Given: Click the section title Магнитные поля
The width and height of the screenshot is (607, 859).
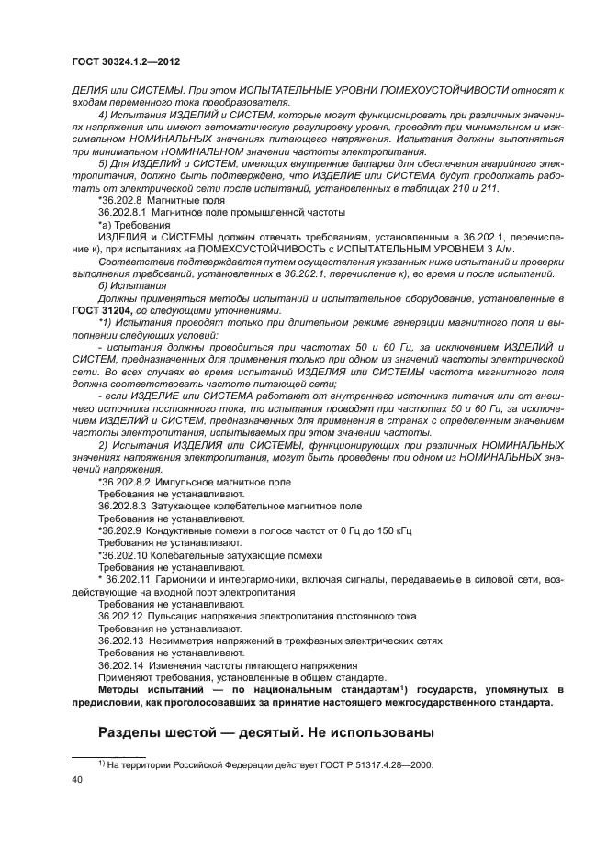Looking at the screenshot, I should (x=187, y=198).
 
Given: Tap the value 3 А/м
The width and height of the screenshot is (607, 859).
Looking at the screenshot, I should (x=522, y=248).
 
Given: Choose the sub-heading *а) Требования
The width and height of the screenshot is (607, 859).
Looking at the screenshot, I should (x=132, y=223).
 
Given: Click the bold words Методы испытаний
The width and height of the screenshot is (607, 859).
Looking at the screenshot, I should (x=154, y=689).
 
